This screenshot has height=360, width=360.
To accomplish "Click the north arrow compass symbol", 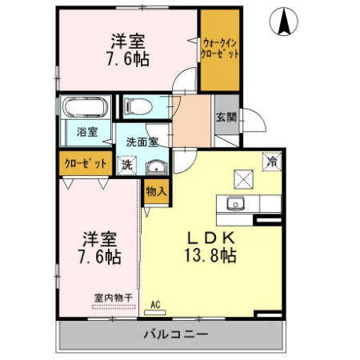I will coord(284,22).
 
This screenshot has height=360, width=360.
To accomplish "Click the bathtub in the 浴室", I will coord(86,106).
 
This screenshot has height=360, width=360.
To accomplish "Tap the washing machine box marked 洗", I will coord(126,166).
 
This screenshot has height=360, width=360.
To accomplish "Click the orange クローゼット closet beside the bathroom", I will coord(86,163).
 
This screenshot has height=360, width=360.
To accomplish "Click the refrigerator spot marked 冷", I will coord(272,160).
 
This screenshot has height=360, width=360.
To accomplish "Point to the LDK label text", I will coord(210,238).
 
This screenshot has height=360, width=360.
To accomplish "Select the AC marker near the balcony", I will coord(156,304).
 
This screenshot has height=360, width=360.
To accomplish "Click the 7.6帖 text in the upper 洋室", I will coord(128,58).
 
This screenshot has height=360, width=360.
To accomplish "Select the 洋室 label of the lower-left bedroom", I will coord(101,238).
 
